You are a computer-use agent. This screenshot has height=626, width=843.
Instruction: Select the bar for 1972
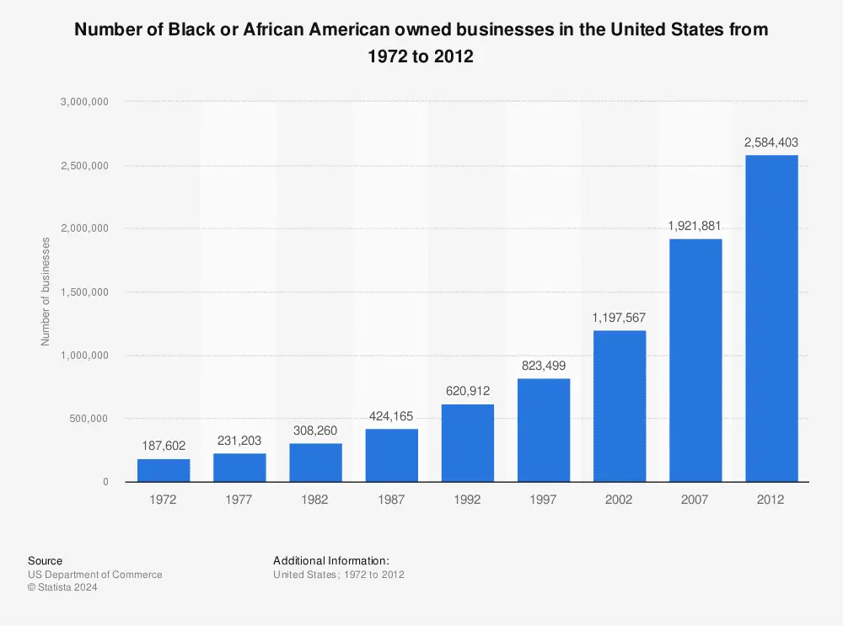pos(164,470)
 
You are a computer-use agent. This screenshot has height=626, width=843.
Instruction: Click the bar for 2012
pos(771,318)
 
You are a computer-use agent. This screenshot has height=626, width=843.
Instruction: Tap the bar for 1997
pos(544,430)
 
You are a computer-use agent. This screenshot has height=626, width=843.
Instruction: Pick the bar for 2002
pos(620,406)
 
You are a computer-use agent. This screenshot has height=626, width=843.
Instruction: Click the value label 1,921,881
pos(695,226)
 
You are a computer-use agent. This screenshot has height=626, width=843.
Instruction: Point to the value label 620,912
pos(467,391)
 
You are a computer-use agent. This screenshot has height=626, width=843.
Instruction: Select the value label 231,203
pos(239,440)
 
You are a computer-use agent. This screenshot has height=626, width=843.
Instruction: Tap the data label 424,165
pos(391,415)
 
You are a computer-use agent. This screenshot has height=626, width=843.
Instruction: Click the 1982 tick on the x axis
pos(315,499)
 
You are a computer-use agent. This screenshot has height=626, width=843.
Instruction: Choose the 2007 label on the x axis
pos(695,499)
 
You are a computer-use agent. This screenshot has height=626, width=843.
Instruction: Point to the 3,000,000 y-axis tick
pos(84,102)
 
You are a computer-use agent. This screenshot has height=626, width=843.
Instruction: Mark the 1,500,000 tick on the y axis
pos(84,292)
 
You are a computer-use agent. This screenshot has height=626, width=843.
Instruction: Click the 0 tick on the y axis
pos(105,482)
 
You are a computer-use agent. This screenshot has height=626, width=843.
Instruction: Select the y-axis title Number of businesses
pos(46,292)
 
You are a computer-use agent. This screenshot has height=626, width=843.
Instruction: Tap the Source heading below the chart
pos(45,560)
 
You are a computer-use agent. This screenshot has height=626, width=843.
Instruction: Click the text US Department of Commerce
pos(94,575)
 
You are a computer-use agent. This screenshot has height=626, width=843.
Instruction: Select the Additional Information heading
pos(331,560)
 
